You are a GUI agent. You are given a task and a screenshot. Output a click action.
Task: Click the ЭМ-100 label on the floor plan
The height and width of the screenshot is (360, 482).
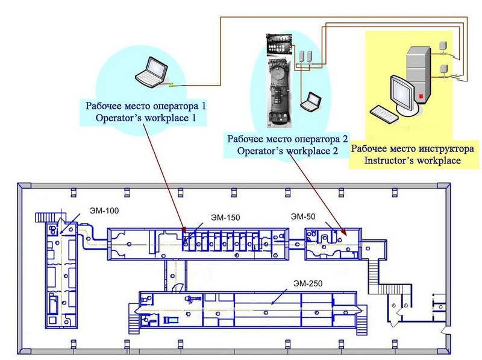click(104, 211)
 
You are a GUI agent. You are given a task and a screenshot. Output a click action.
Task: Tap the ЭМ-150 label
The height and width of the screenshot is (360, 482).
click(225, 218)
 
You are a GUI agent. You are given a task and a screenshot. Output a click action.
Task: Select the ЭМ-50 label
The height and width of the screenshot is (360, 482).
click(303, 216)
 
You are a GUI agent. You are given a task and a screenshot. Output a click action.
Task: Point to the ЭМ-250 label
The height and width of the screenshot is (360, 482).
click(308, 283)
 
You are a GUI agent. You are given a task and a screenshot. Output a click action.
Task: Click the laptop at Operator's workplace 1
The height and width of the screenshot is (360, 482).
click(152, 72)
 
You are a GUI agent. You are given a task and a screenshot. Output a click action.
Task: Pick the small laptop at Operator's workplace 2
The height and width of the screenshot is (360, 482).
click(310, 101)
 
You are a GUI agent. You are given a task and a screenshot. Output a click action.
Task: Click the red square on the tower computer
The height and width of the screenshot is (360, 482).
click(421, 96)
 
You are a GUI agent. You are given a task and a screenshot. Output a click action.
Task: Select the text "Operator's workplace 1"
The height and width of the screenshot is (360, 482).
click(146, 118)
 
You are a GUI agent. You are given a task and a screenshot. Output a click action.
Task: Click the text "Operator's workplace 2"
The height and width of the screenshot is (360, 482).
click(287, 151)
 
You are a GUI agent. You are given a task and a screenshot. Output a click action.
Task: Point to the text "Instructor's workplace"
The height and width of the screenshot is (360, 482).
click(412, 160)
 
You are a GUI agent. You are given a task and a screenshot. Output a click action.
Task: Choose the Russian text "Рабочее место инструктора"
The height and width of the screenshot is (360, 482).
click(412, 149)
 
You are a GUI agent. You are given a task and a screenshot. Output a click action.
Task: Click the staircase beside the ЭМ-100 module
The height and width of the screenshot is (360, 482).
click(45, 217)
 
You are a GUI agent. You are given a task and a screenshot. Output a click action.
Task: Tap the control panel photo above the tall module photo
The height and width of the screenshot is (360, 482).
click(279, 45)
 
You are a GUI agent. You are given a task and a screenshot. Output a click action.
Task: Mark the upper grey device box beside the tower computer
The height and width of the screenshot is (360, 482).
click(442, 46)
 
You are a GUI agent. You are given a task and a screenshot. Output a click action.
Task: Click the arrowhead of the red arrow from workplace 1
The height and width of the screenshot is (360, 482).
click(184, 230)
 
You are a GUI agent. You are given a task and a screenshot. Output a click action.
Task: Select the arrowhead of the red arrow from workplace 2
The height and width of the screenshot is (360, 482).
click(343, 232)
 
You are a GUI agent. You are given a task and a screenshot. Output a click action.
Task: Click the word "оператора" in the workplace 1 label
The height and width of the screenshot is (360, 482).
click(176, 107)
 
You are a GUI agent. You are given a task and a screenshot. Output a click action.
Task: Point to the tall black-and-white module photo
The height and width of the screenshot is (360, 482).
click(279, 93)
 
